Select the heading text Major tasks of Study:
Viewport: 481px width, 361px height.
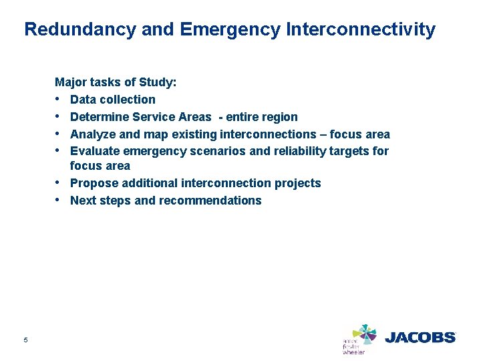[x=116, y=82]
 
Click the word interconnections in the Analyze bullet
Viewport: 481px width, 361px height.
[x=263, y=134]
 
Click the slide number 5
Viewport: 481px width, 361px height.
[x=25, y=340]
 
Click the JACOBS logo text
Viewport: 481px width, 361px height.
[x=420, y=338]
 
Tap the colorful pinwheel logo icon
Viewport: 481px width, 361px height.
[x=365, y=334]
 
